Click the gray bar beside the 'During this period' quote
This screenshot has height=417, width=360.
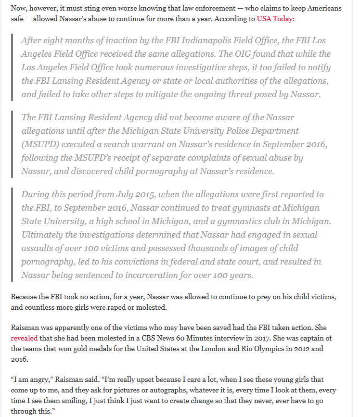[13, 235]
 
